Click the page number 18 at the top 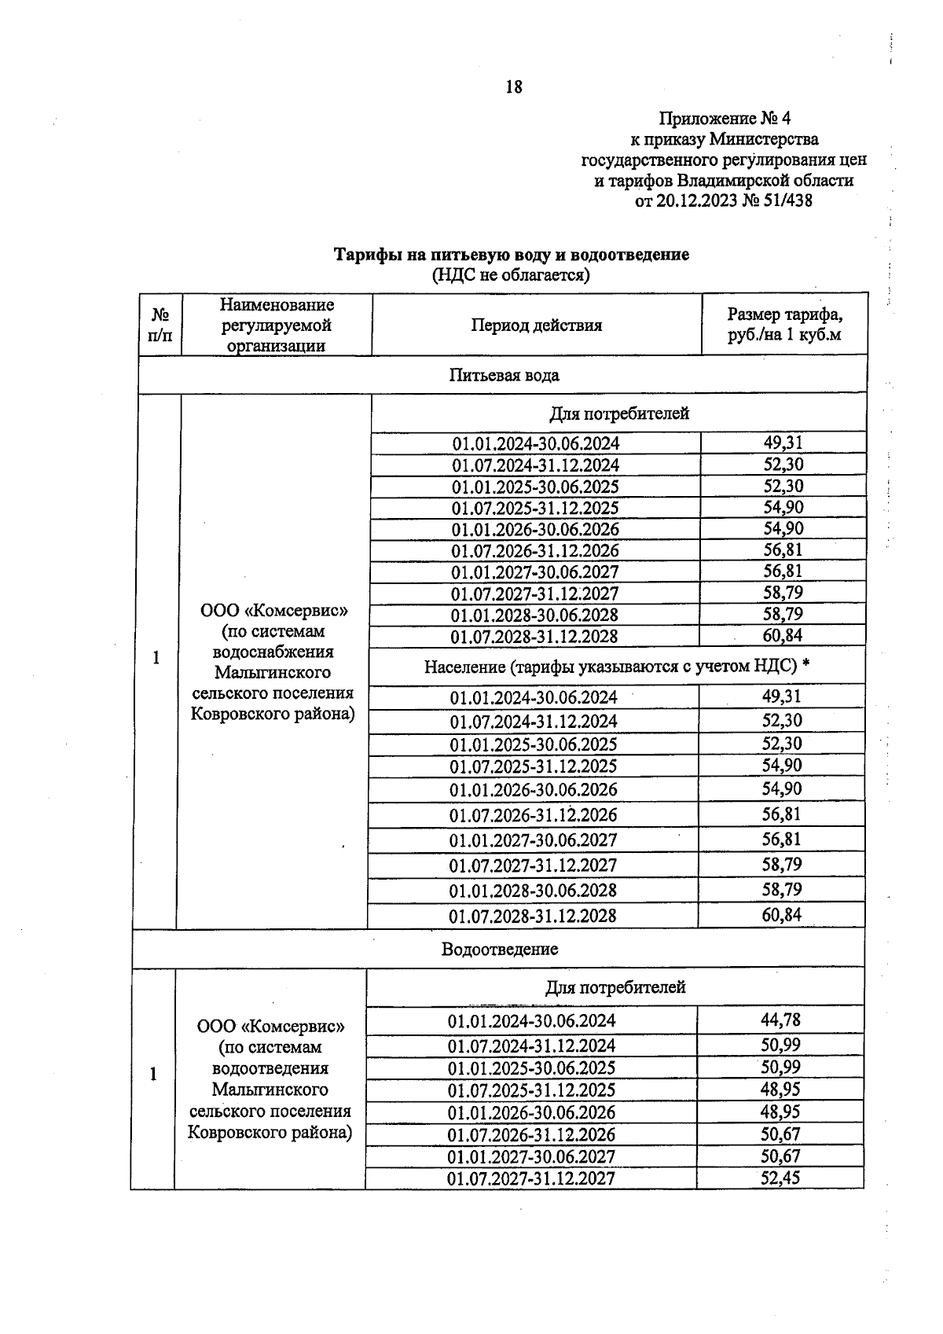click(x=513, y=87)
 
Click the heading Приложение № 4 click(x=724, y=119)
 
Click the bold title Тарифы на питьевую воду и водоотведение click(x=512, y=255)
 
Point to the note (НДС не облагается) click(x=511, y=275)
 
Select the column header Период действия click(x=536, y=325)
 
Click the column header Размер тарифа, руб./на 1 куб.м click(x=783, y=325)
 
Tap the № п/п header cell click(x=160, y=325)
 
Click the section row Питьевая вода click(x=504, y=375)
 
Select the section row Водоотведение click(x=499, y=949)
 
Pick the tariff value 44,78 click(x=780, y=1020)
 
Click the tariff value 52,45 click(x=780, y=1178)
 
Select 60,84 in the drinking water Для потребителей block click(x=783, y=635)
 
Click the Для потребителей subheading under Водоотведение click(x=615, y=987)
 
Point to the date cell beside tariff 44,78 click(x=531, y=1021)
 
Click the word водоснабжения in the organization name click(x=273, y=652)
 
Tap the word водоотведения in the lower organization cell click(x=270, y=1068)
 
